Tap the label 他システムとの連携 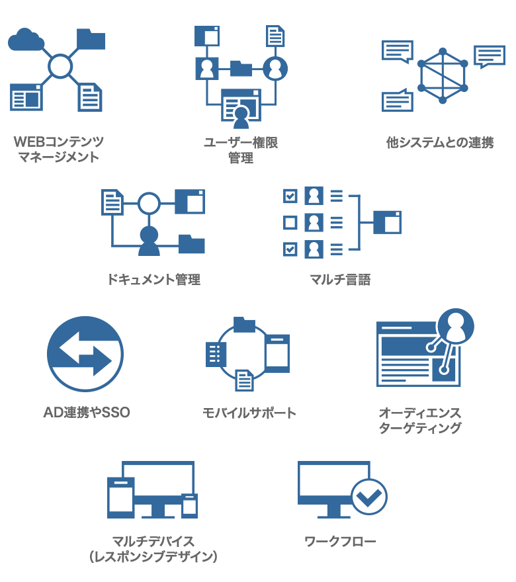point(440,142)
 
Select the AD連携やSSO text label point(87,413)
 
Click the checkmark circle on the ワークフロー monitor point(368,496)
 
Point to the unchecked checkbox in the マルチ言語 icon point(290,222)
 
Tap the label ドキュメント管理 point(153,279)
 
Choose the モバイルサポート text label point(249,413)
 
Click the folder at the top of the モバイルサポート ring point(244,323)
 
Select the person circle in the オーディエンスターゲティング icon point(456,325)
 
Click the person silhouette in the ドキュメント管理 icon point(149,241)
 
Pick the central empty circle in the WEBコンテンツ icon point(60,65)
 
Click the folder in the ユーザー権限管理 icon point(241,67)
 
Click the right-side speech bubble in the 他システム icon point(490,56)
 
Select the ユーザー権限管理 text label point(241,150)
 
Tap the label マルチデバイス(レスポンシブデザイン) point(153,549)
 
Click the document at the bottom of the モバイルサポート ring point(245,380)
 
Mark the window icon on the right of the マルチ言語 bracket point(387,222)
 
